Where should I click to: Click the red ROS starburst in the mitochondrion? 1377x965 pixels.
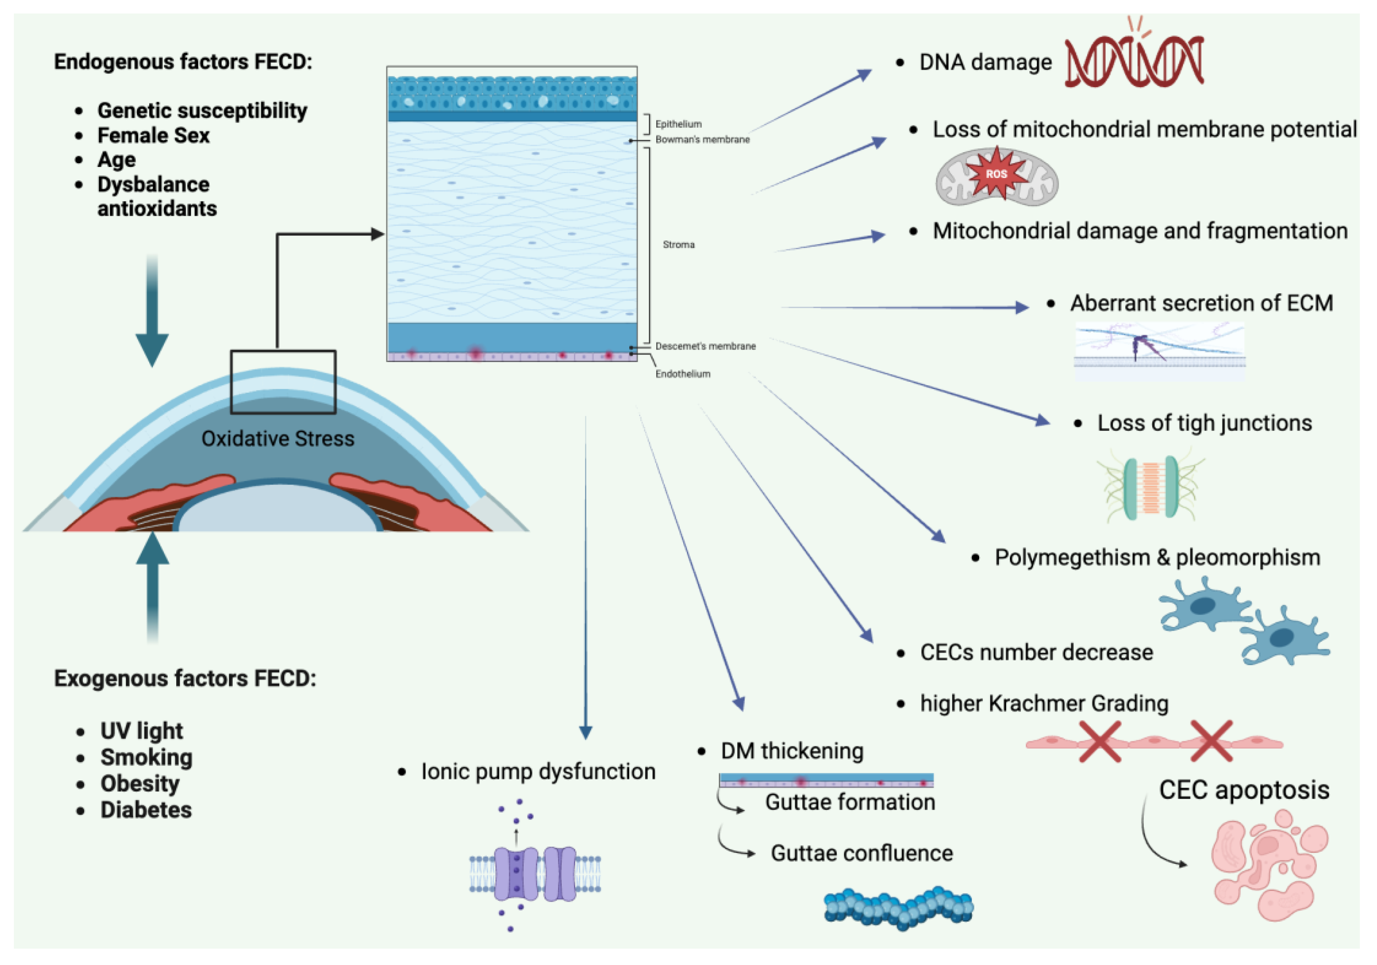tap(996, 174)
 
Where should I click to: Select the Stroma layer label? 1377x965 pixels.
tap(678, 245)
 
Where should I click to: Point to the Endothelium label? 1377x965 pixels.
tap(682, 374)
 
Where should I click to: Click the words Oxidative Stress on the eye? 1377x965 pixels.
tap(278, 438)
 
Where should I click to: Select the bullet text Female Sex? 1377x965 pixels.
tap(154, 135)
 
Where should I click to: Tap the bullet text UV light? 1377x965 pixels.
tap(141, 731)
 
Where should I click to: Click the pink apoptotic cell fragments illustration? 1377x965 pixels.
tap(1268, 864)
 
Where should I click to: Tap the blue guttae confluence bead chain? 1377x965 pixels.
tap(898, 907)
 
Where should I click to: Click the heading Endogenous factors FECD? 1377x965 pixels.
tap(183, 62)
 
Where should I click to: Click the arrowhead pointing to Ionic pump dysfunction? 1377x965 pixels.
tap(585, 732)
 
